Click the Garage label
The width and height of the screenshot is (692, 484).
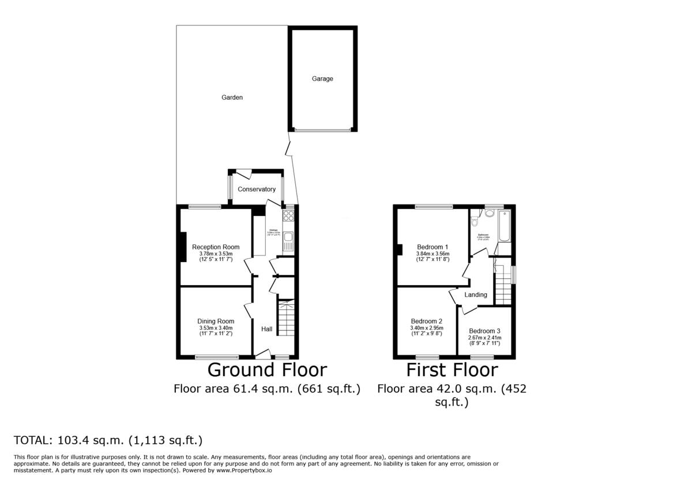[322, 79]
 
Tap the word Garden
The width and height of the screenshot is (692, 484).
[232, 97]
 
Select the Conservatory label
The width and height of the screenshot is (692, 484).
[257, 189]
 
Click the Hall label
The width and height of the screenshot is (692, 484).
[267, 329]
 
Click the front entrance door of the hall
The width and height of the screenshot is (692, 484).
[263, 353]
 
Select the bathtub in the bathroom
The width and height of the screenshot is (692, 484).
[505, 227]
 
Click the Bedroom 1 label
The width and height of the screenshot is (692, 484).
[433, 247]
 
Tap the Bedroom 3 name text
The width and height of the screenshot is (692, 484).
[484, 331]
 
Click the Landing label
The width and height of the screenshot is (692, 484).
[476, 295]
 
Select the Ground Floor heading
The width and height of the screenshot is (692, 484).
[267, 370]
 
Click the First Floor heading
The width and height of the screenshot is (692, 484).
[452, 370]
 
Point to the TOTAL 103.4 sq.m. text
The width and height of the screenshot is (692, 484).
[108, 441]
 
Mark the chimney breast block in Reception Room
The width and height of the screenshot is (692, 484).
[183, 247]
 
